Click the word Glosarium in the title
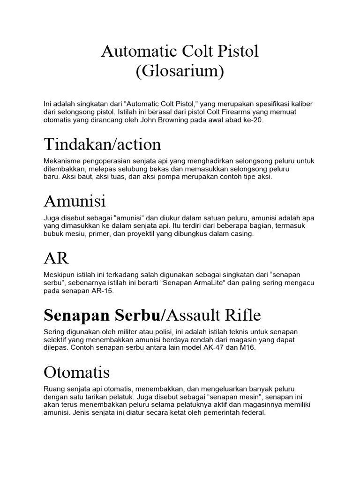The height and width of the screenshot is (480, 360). tap(180, 72)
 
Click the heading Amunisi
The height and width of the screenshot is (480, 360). tap(75, 201)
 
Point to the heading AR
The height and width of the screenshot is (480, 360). tap(56, 258)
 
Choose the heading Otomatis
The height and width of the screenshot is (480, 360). tap(76, 373)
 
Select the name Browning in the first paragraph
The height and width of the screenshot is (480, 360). tap(161, 120)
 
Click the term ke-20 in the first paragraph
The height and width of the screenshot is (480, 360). tap(253, 120)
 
